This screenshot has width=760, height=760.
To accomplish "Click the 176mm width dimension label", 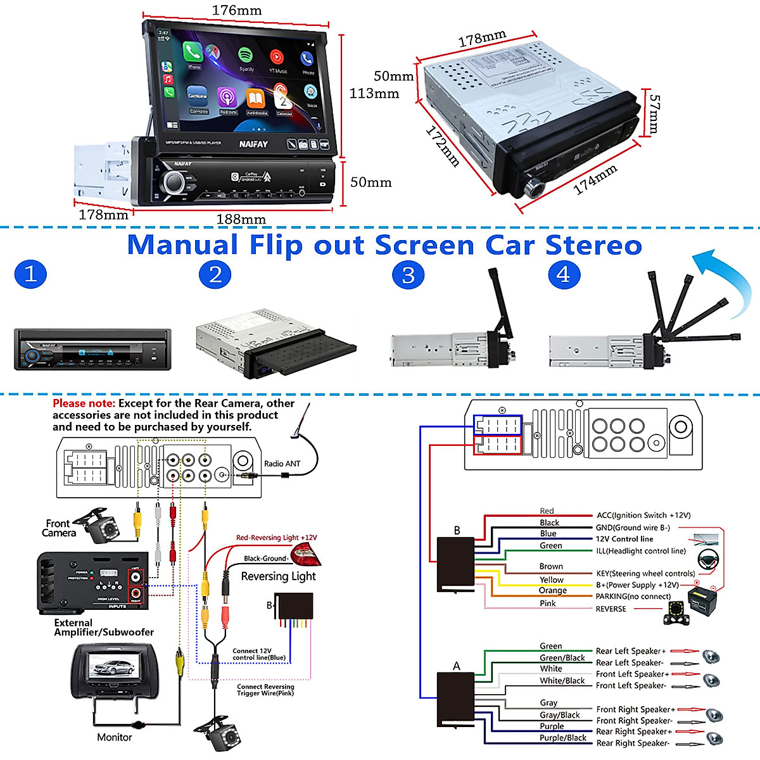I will click(x=236, y=10).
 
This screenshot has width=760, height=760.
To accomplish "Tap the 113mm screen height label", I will click(x=374, y=94).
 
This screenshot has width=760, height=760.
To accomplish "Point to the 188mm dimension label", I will click(x=241, y=219).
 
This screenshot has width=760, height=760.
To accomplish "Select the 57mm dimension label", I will click(x=655, y=114).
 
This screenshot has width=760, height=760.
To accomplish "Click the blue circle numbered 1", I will click(x=30, y=274).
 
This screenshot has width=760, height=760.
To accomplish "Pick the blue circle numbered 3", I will click(x=408, y=275).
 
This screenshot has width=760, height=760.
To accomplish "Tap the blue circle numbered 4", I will click(x=563, y=275).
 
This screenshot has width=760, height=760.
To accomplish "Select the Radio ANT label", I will click(x=282, y=464).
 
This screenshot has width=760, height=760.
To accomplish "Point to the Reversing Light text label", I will click(x=278, y=576).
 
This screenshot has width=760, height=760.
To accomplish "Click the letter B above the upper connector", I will click(x=457, y=531).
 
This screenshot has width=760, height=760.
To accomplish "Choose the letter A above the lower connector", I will click(x=457, y=666).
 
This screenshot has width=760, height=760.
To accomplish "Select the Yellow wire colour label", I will click(x=551, y=579).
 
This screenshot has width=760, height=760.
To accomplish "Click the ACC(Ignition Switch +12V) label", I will click(x=643, y=516).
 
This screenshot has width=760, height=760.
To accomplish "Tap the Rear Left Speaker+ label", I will click(x=630, y=651).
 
